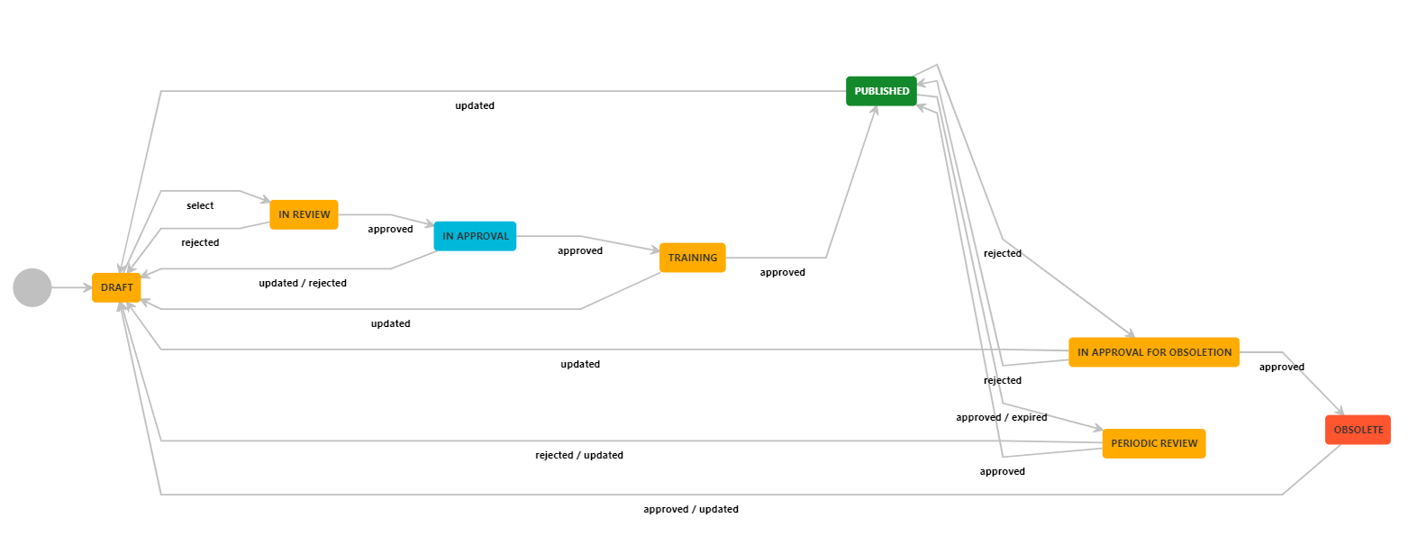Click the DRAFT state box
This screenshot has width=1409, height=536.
[x=116, y=287]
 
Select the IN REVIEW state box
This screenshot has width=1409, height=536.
[x=304, y=214]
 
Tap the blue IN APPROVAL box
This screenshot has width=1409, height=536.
[x=475, y=236]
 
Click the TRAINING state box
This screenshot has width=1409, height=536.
[x=693, y=258]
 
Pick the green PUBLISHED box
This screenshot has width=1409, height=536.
[x=881, y=91]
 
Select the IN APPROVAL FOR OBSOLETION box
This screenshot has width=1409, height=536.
[x=1154, y=352]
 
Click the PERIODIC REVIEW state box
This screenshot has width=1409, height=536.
[x=1154, y=443]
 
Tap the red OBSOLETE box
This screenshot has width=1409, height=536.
[x=1358, y=430]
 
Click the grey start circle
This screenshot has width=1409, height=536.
[x=32, y=287]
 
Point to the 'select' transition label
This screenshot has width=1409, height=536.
[x=200, y=205]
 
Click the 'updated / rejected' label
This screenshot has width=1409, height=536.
[x=303, y=283]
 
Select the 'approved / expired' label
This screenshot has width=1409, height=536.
[x=1002, y=417]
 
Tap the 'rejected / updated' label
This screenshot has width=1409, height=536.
[x=579, y=455]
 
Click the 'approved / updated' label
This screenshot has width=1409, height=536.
[x=691, y=509]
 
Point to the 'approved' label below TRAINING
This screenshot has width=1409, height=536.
[x=783, y=272]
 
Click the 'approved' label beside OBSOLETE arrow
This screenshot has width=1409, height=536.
[x=1281, y=367]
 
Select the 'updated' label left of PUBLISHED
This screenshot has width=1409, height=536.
[x=475, y=105]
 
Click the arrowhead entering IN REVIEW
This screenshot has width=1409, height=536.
[x=266, y=199]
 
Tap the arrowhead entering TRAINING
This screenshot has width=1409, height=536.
[x=655, y=250]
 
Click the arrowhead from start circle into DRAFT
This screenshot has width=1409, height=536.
[x=87, y=287]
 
